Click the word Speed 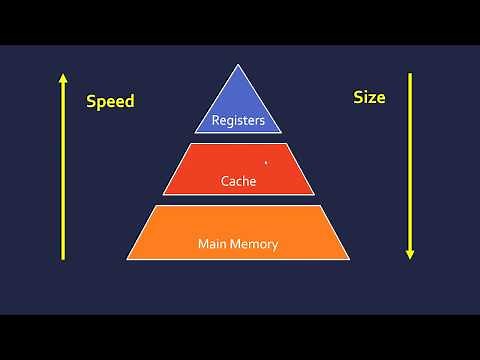coord(110,101)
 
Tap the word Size coord(369,98)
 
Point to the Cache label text coord(238,182)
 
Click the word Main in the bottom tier coord(214,243)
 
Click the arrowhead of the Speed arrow coord(62,77)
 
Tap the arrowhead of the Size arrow coord(410,255)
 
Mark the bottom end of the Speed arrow coord(62,260)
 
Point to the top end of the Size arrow coord(410,72)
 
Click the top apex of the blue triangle coord(238,65)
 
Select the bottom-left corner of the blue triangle coord(195,133)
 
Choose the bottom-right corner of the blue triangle coord(282,133)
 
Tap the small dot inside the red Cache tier coord(265,161)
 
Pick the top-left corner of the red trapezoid coord(188,144)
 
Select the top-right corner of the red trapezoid coord(288,144)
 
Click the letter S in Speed coord(91,101)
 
